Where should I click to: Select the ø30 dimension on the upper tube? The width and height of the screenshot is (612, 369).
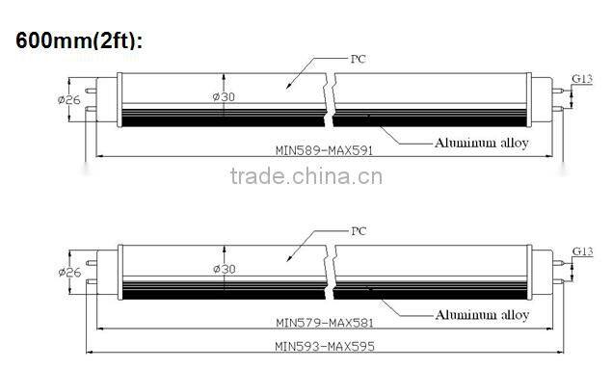[222, 97]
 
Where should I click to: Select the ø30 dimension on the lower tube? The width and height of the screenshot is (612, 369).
[222, 271]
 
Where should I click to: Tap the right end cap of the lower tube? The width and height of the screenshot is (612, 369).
[544, 274]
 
